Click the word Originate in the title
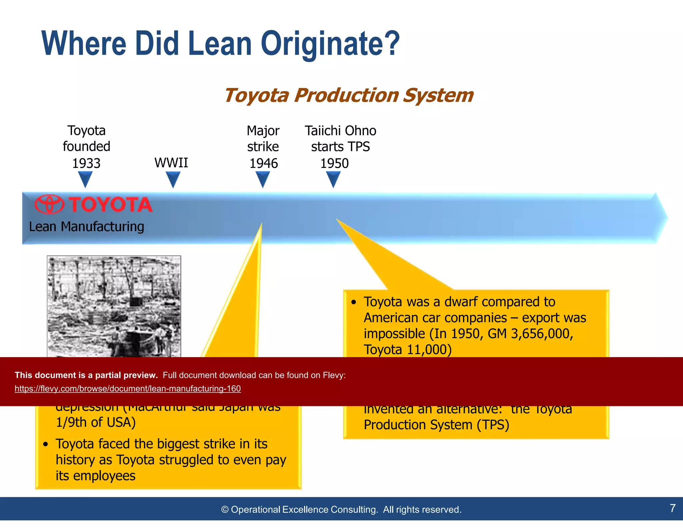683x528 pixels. [x=330, y=43]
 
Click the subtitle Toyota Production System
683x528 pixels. [x=349, y=95]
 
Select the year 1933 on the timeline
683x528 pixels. [x=86, y=163]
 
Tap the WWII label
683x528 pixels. [x=171, y=163]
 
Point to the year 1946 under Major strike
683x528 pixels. [x=263, y=163]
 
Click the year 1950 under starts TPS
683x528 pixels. [x=334, y=163]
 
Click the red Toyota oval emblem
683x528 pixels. [x=49, y=204]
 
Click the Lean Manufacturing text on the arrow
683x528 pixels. [x=86, y=227]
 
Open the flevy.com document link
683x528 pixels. [x=127, y=388]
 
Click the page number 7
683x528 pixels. [x=672, y=508]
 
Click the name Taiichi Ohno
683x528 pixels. [x=340, y=130]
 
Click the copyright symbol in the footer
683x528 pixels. [x=225, y=510]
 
